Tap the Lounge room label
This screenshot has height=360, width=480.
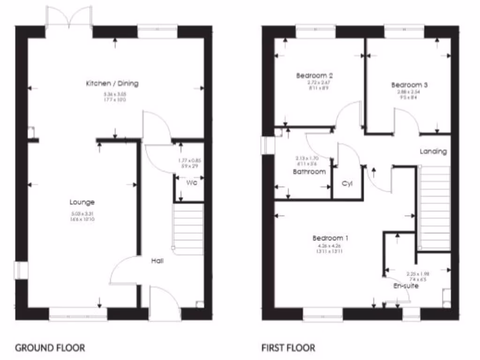pyautogui.click(x=82, y=202)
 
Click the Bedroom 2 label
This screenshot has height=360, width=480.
pyautogui.click(x=315, y=75)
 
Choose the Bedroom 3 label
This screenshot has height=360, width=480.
pyautogui.click(x=409, y=85)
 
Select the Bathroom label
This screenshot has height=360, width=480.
pyautogui.click(x=309, y=172)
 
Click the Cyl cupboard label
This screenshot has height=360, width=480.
pyautogui.click(x=347, y=183)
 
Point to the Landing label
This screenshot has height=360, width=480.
pyautogui.click(x=433, y=151)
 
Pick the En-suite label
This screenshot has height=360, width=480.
pyautogui.click(x=406, y=286)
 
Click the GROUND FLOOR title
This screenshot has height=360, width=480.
pyautogui.click(x=50, y=348)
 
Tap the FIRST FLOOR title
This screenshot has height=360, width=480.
pyautogui.click(x=288, y=348)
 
